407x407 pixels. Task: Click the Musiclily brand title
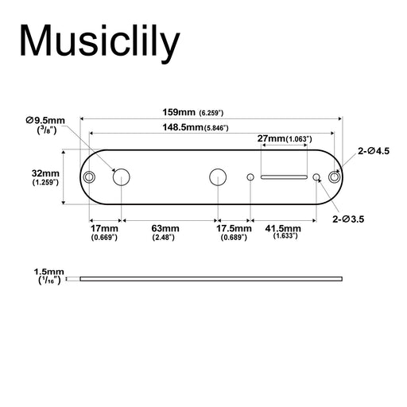click(99, 42)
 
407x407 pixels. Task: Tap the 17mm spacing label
click(104, 232)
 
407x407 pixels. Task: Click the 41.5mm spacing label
click(285, 231)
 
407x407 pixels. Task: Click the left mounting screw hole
click(91, 176)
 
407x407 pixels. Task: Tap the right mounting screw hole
click(335, 176)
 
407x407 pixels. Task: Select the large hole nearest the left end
click(122, 176)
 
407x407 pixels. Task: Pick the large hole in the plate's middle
click(217, 176)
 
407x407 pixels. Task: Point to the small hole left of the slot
click(251, 176)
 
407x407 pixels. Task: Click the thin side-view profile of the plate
click(211, 278)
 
